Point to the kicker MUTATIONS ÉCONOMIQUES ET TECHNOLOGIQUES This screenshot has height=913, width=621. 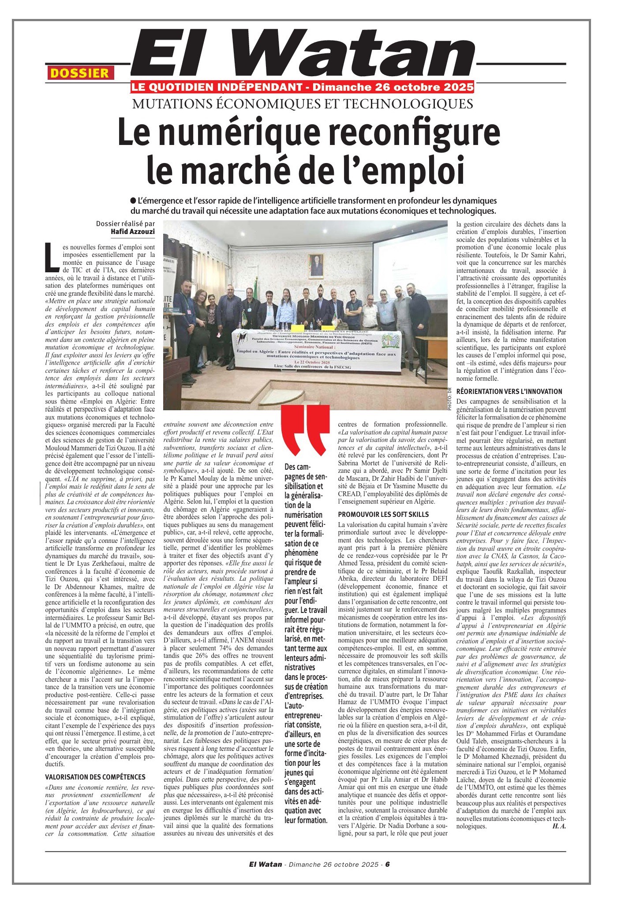click(303, 104)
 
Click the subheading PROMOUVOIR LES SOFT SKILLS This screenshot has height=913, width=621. click(383, 514)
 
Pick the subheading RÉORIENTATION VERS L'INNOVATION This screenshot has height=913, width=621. click(509, 391)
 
